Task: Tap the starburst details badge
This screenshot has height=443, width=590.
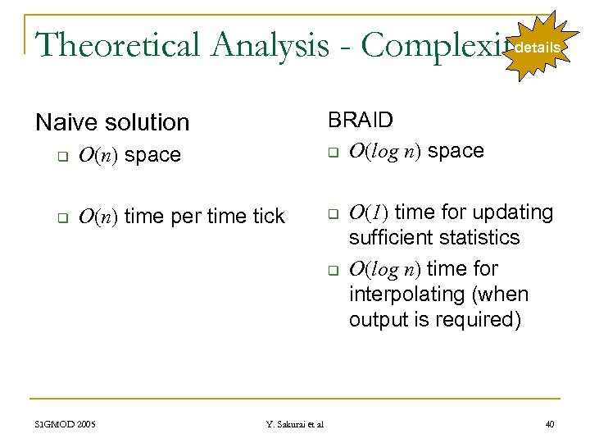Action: (538, 48)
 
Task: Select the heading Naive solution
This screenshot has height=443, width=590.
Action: (112, 122)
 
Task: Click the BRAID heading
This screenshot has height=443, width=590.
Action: (361, 120)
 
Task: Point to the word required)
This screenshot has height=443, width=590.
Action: (479, 319)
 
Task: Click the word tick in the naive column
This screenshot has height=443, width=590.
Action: (267, 217)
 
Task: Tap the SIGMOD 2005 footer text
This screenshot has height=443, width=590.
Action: (66, 424)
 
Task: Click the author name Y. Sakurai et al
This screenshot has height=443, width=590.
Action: (295, 424)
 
